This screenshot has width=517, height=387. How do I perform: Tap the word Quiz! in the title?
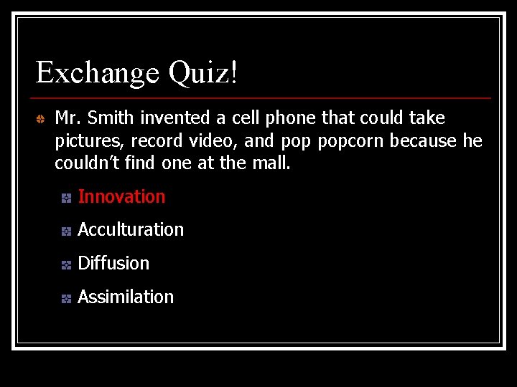tap(203, 72)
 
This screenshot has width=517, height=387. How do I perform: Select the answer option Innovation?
tap(121, 196)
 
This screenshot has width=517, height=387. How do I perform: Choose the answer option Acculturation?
tap(131, 230)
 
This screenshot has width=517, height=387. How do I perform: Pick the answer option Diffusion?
tap(113, 263)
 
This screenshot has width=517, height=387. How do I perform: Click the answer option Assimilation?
tap(126, 297)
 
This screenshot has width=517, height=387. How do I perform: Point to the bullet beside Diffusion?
tap(65, 264)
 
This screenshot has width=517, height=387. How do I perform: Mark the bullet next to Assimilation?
tap(65, 298)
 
